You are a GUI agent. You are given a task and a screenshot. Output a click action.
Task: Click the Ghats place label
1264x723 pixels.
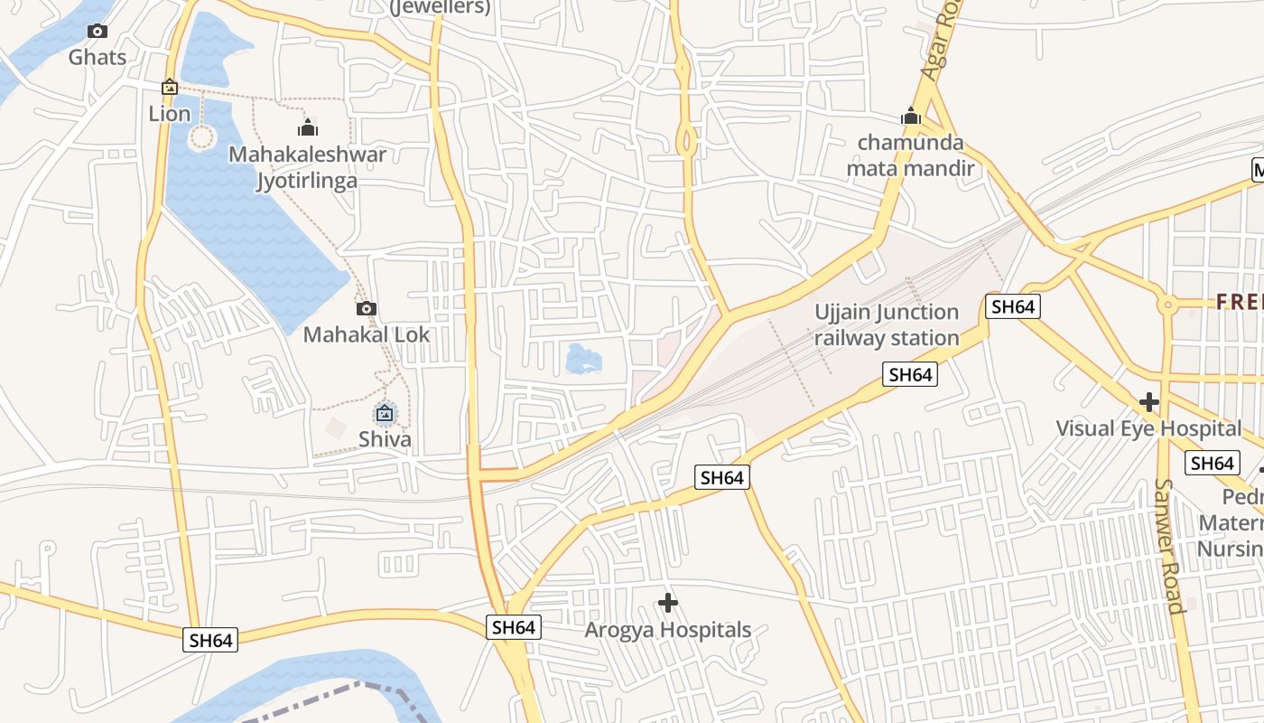tap(98, 57)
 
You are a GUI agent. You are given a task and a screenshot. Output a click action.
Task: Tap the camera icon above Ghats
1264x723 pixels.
tap(98, 32)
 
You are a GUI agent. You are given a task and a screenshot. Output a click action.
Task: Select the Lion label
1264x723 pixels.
tap(170, 113)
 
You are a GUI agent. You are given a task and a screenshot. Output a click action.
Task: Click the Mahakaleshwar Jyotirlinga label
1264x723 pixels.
tap(307, 167)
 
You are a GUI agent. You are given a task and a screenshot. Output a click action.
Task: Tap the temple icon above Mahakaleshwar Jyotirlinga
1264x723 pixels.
tap(308, 127)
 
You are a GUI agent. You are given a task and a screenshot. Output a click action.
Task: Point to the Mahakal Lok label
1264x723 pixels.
tap(367, 334)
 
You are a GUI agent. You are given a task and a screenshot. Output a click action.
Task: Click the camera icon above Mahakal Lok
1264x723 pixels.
tap(366, 308)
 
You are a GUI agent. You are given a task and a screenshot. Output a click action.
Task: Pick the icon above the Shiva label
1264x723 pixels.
tap(386, 414)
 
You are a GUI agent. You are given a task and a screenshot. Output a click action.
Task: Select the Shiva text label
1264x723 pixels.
tap(386, 440)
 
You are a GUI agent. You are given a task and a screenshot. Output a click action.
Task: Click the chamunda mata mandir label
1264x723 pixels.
tap(910, 155)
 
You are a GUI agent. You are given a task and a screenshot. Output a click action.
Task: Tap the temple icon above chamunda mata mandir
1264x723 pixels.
tap(910, 116)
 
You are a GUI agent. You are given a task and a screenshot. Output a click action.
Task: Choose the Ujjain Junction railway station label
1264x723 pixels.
tap(887, 325)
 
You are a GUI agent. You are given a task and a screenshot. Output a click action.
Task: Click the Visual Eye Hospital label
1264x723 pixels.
tap(1148, 428)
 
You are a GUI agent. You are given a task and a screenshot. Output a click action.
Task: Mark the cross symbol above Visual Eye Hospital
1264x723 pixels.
tap(1148, 401)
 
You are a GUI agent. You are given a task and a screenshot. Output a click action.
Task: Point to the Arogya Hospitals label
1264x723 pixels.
tap(668, 630)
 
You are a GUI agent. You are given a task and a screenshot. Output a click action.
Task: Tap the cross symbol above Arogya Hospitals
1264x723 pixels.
tap(668, 603)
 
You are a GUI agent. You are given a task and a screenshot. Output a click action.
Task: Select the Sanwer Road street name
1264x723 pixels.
tap(1167, 546)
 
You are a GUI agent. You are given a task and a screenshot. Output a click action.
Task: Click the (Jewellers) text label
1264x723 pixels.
tap(440, 8)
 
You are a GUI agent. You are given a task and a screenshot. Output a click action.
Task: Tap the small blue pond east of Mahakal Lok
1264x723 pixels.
tap(583, 359)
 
